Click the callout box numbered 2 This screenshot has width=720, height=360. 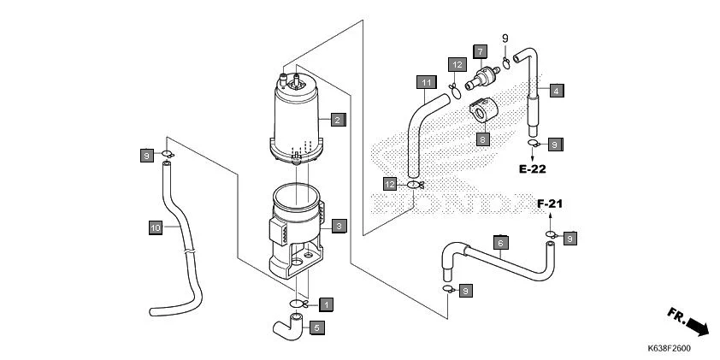click(x=339, y=120)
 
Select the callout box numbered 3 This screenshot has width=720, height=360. click(x=339, y=226)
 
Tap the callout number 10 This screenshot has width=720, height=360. click(x=155, y=227)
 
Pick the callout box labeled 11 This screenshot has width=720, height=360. click(x=426, y=82)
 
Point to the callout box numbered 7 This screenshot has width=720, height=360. click(x=480, y=51)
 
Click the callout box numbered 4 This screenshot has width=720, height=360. click(x=555, y=91)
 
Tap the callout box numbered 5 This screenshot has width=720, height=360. click(x=316, y=327)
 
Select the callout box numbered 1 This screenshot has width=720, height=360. click(x=326, y=304)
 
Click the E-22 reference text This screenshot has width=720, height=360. click(x=531, y=168)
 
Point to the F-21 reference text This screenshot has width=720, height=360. click(x=552, y=204)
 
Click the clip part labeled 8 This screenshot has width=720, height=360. click(x=485, y=113)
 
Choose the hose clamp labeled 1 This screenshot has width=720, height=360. click(x=297, y=304)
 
